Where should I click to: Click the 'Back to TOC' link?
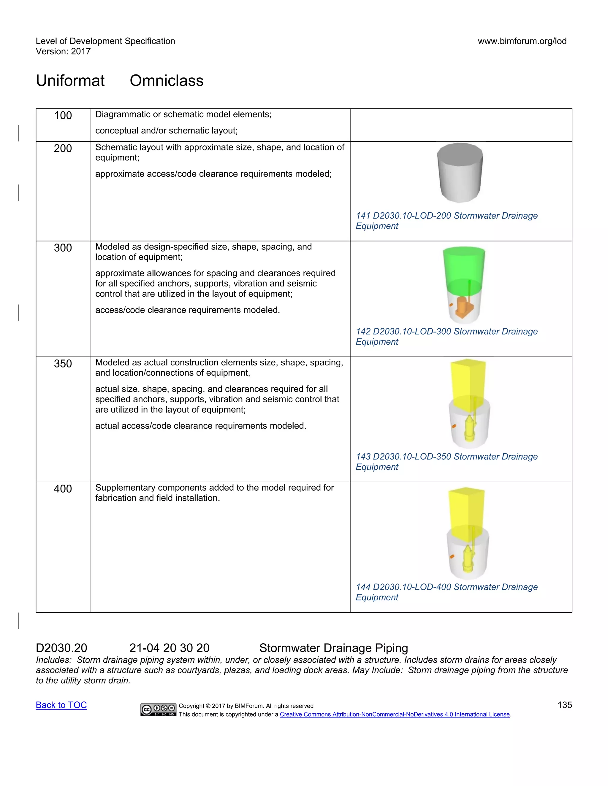coord(61,705)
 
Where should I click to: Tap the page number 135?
coord(564,705)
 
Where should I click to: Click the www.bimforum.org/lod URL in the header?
coord(522,41)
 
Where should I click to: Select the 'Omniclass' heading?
coord(167,81)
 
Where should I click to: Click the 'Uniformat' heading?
coord(70,81)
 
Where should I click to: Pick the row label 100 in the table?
coord(63,115)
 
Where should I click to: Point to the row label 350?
coord(63,364)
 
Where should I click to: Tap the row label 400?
coord(63,489)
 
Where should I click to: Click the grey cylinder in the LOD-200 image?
coord(460,173)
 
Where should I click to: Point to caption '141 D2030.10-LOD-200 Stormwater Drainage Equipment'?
coord(446,221)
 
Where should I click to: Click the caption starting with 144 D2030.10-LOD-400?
coord(446,592)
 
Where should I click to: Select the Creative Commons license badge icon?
coord(159,710)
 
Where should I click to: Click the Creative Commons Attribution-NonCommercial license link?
coord(395,715)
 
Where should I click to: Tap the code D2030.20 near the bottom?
coord(61,648)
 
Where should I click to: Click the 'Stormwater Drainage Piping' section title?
coord(333,648)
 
